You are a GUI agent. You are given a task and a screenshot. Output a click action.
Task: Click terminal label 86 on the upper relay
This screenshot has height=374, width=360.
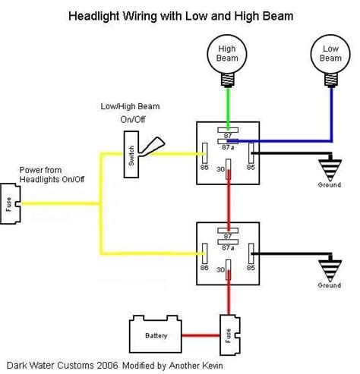click(x=204, y=167)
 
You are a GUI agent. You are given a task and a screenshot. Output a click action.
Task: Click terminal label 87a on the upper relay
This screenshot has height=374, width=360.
click(x=226, y=149)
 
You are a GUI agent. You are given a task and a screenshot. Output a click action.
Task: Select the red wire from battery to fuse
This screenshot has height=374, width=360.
click(x=199, y=333)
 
